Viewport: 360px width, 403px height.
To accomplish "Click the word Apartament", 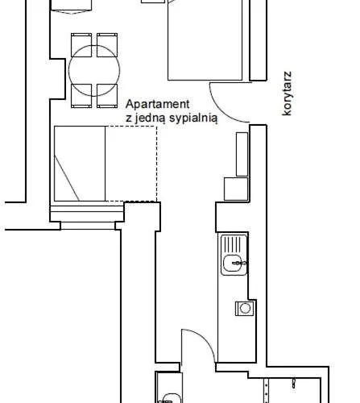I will coord(158,104).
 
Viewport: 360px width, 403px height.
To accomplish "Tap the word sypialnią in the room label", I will coord(192,118).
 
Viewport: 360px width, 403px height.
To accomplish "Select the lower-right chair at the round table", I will coord(107,96).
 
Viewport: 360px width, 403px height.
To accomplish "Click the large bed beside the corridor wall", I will coord(208,40).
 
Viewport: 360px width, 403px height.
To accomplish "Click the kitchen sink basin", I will coord(233,261).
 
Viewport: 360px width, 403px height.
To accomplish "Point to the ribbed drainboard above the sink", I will coord(232,242).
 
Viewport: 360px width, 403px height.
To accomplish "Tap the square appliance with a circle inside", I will coord(244,307).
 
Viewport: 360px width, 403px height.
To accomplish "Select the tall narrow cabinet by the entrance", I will coord(242,153).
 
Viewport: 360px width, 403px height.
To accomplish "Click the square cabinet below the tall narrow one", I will coord(236,190).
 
